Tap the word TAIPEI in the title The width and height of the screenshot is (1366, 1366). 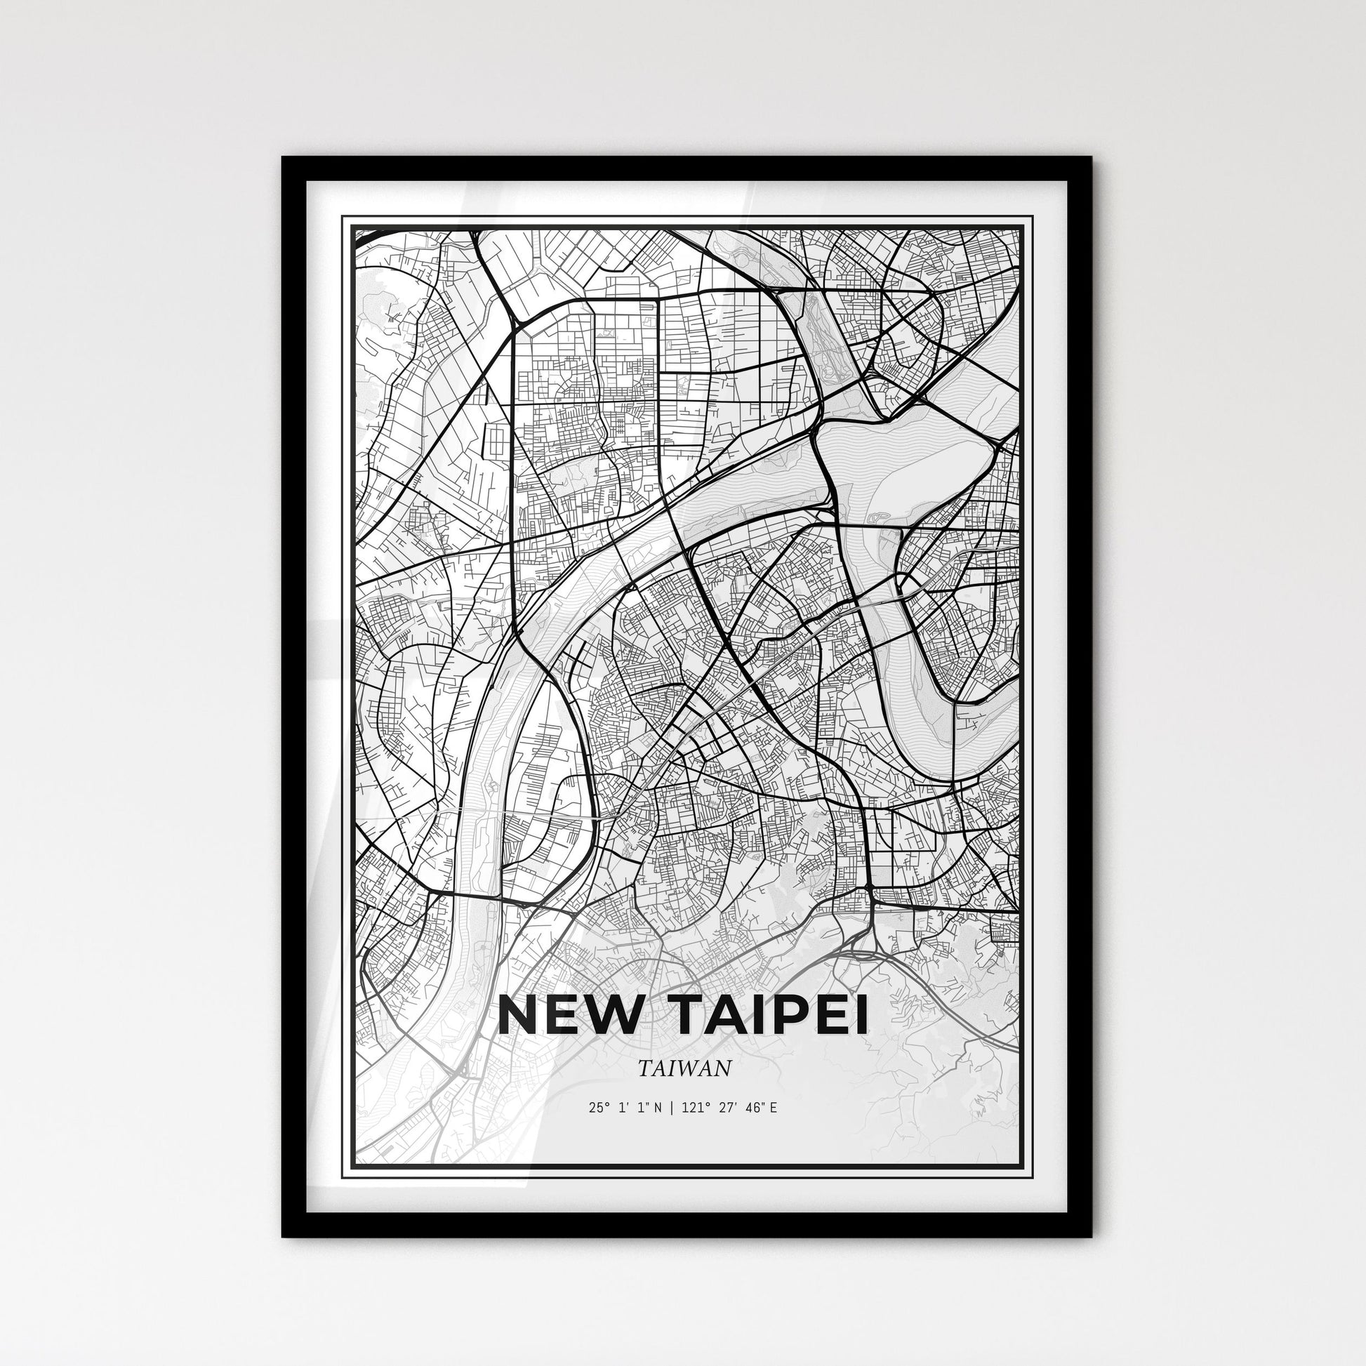[764, 1016]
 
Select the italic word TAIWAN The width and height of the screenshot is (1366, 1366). [684, 1068]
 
